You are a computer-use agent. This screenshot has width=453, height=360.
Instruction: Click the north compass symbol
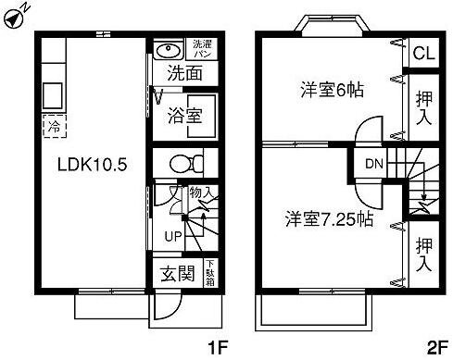pos(16,17)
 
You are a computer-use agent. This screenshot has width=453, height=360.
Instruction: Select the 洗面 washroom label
pos(185,74)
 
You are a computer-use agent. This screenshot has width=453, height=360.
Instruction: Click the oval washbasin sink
pos(168,50)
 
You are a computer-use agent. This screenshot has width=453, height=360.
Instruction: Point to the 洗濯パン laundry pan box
pos(202,49)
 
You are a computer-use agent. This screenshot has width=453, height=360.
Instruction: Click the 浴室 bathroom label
pos(185,116)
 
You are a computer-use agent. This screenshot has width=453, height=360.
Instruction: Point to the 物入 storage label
pos(201,193)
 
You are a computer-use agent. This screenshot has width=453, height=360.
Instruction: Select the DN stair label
pos(373,165)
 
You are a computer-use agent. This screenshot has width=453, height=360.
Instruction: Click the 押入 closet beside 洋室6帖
pos(424,108)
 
